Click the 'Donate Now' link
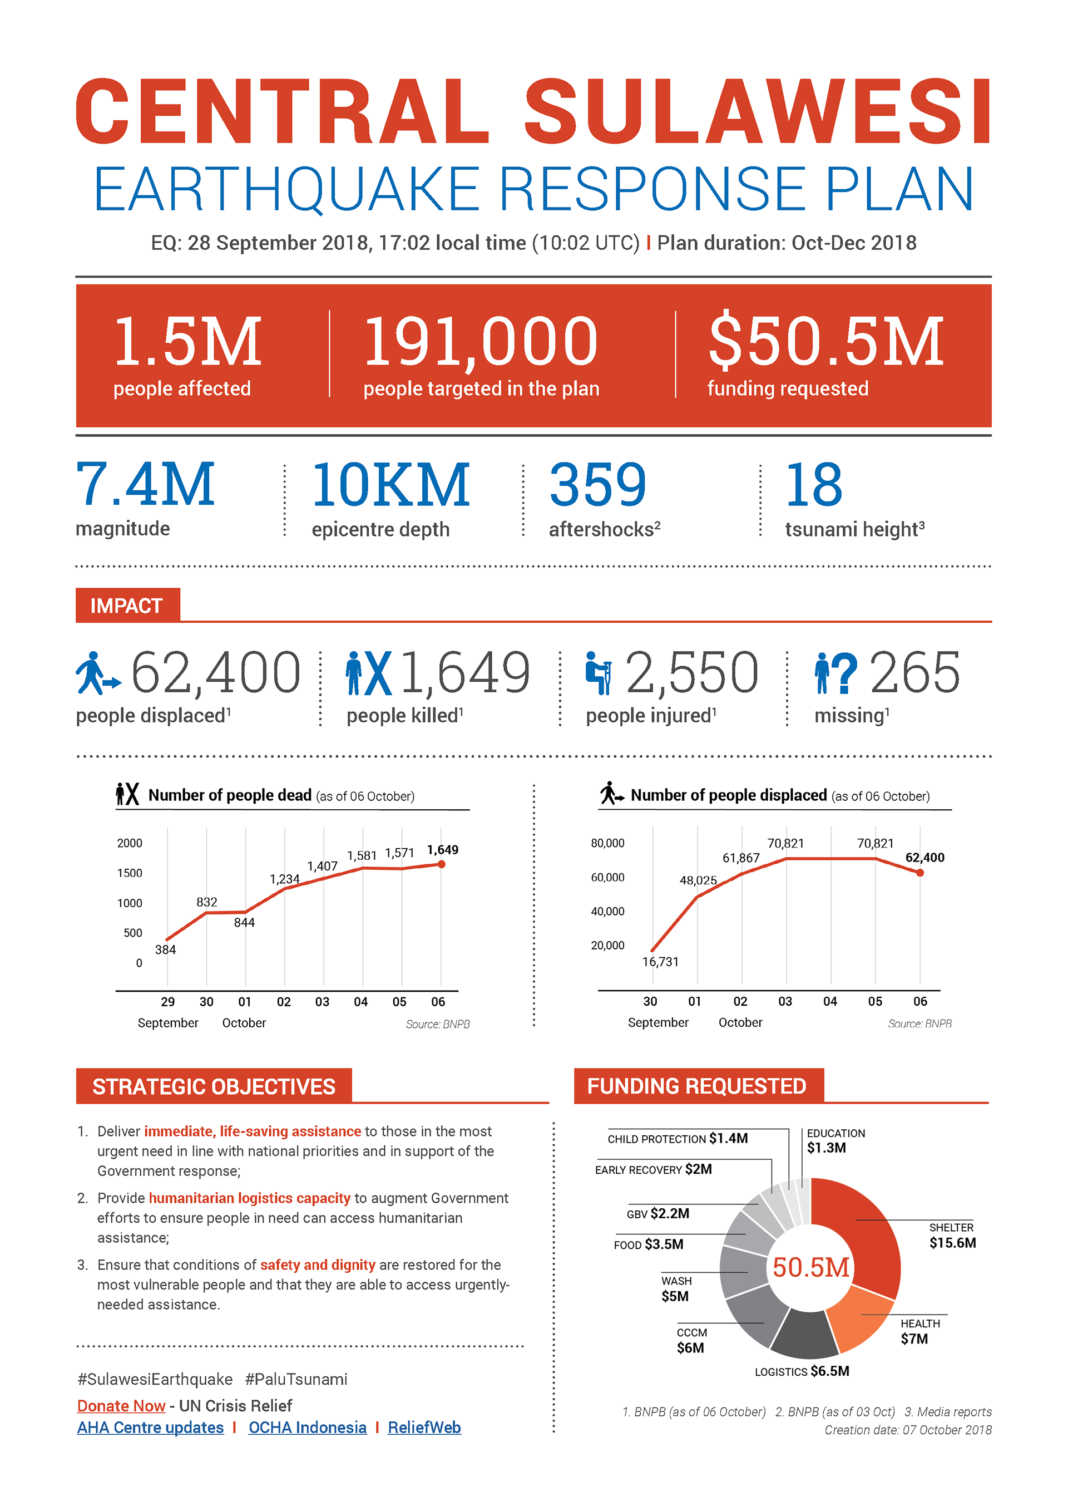pyautogui.click(x=121, y=1406)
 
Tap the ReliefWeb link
pyautogui.click(x=424, y=1428)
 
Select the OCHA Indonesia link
pyautogui.click(x=307, y=1428)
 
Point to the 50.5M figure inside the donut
pyautogui.click(x=811, y=1267)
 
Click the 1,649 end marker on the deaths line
pyautogui.click(x=441, y=864)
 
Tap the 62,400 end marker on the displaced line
pyautogui.click(x=920, y=873)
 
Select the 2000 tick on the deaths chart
pyautogui.click(x=130, y=843)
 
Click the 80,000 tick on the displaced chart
pyautogui.click(x=607, y=843)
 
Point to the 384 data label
pyautogui.click(x=165, y=949)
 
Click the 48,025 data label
pyautogui.click(x=698, y=880)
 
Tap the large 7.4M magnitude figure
pyautogui.click(x=145, y=484)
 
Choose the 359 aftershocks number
pyautogui.click(x=598, y=484)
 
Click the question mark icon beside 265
pyautogui.click(x=844, y=673)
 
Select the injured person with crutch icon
pyautogui.click(x=598, y=673)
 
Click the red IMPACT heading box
pyautogui.click(x=127, y=606)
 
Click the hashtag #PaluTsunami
pyautogui.click(x=296, y=1380)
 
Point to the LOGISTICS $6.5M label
pyautogui.click(x=802, y=1371)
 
